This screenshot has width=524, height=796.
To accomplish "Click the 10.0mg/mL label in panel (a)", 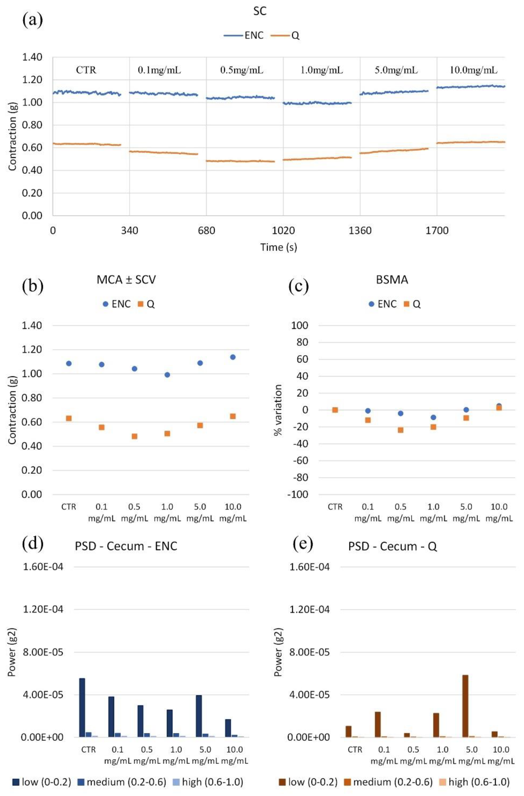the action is click(473, 70).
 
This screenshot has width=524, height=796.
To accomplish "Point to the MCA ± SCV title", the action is click(126, 280).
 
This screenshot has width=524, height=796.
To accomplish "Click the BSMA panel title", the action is click(392, 280).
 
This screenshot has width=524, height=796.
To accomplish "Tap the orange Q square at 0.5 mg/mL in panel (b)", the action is click(134, 436).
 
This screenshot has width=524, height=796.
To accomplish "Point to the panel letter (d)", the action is click(32, 544).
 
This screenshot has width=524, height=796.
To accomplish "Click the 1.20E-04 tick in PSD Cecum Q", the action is click(310, 609).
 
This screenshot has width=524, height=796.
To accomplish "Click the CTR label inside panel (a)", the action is click(86, 70).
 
